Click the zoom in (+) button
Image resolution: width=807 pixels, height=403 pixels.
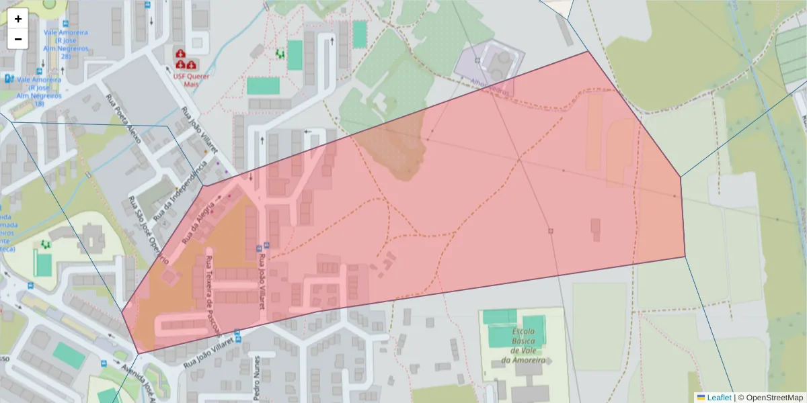pyautogui.click(x=18, y=19)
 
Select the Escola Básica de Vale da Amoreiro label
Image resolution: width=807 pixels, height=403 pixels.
pyautogui.click(x=523, y=346)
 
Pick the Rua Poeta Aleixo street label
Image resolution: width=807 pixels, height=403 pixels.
pyautogui.click(x=124, y=119)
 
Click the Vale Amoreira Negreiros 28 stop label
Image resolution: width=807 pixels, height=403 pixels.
pyautogui.click(x=66, y=44)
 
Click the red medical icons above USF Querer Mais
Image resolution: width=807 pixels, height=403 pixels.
pyautogui.click(x=186, y=59)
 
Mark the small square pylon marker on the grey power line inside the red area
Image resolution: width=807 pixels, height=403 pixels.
pyautogui.click(x=551, y=231)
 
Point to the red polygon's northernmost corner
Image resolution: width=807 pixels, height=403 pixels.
pyautogui.click(x=588, y=51)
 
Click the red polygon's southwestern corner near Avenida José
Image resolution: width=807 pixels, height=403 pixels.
pyautogui.click(x=138, y=353)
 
